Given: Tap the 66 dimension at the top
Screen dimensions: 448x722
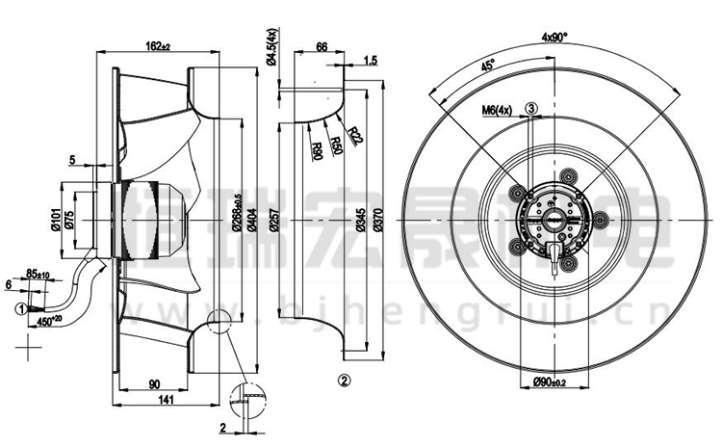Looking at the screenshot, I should [322, 45].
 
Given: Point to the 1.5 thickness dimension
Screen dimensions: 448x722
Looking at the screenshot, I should [372, 61].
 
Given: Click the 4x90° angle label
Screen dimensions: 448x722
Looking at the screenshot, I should [554, 37].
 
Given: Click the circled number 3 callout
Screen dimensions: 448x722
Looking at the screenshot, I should [531, 109].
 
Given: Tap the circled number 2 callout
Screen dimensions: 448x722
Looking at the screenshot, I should [344, 379].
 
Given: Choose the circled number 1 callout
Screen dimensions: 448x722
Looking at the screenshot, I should [20, 308].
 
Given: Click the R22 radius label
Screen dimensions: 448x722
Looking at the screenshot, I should [355, 134].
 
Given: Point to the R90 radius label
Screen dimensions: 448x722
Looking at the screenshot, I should [317, 150].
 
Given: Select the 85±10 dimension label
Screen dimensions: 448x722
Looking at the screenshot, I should [39, 274].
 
